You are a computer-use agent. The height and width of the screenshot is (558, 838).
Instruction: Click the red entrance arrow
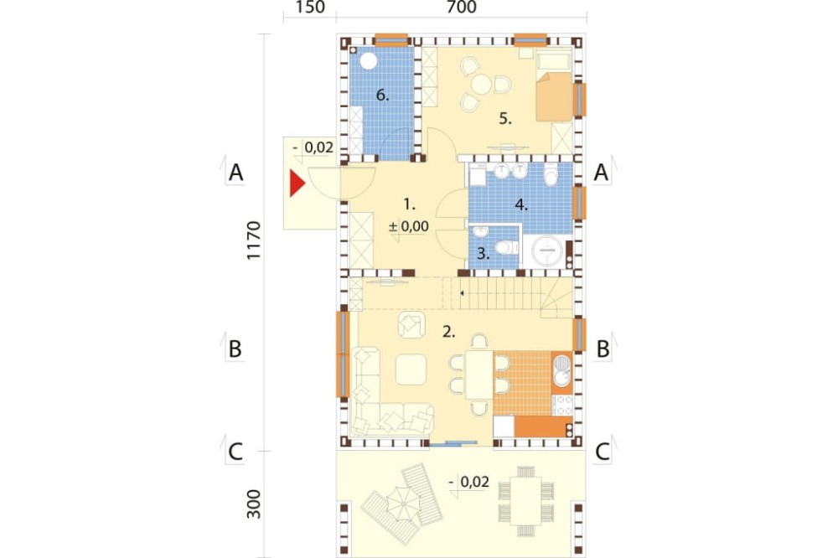click(x=297, y=183)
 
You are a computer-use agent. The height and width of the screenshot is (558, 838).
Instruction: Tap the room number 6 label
click(x=382, y=96)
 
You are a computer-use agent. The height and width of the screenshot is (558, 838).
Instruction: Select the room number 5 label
click(x=505, y=119)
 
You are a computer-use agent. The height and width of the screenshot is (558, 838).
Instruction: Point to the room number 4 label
click(x=521, y=204)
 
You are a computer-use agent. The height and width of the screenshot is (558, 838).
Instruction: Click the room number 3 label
click(x=484, y=253)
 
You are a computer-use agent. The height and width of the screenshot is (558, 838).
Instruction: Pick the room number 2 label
click(x=449, y=332)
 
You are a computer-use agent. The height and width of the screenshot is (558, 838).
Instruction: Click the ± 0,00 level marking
click(x=409, y=226)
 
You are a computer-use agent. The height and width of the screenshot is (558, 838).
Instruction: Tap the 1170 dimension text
click(x=253, y=240)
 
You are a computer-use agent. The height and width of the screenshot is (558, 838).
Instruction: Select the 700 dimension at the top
click(x=461, y=8)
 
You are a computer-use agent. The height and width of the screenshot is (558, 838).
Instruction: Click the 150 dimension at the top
click(x=309, y=8)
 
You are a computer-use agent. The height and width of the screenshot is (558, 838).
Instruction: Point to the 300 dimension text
click(x=253, y=504)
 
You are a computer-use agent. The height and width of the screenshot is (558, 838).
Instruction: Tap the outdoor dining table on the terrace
click(x=526, y=501)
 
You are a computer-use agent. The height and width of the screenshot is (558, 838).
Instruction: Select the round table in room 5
click(x=480, y=85)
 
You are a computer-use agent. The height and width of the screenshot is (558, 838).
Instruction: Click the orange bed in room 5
click(x=555, y=96)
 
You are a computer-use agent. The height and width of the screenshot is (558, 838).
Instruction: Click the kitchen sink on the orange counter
click(x=562, y=370)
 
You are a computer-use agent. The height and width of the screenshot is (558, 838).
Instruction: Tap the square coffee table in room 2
click(x=411, y=369)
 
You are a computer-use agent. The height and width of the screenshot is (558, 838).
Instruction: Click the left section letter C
click(x=235, y=452)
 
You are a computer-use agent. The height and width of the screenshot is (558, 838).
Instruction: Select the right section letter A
click(x=601, y=173)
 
